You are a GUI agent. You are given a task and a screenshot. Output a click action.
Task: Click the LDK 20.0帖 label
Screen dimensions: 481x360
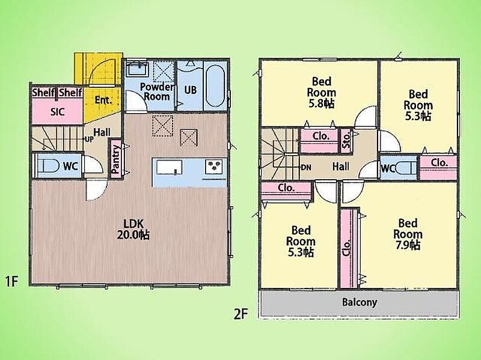(x=133, y=229)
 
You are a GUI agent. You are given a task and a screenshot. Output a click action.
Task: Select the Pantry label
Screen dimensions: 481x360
(x=115, y=160)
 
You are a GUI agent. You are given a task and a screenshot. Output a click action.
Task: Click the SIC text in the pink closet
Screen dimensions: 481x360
(x=57, y=112)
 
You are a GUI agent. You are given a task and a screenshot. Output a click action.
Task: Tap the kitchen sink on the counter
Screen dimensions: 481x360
(x=169, y=168)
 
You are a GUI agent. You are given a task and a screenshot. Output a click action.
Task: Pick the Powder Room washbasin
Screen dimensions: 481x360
(x=138, y=69)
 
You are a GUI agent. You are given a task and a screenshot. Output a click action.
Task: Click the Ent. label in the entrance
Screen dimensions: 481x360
(x=103, y=100)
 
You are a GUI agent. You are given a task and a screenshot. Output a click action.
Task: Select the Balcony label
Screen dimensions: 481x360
(x=359, y=302)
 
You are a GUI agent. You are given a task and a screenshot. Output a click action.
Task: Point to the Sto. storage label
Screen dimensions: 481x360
(x=346, y=140)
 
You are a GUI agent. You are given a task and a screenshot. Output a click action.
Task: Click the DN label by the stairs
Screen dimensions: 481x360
(x=306, y=168)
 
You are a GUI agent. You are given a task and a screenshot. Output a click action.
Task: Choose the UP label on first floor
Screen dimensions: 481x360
(x=89, y=139)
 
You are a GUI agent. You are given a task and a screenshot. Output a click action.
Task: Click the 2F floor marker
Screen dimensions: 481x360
(x=240, y=314)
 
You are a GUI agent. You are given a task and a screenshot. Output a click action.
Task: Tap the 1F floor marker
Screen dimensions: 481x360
(x=12, y=281)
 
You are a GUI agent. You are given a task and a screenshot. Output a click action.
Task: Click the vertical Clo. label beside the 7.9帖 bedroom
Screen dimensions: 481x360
(x=347, y=248)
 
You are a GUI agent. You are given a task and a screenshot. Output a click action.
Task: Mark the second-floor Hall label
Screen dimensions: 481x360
(x=341, y=166)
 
